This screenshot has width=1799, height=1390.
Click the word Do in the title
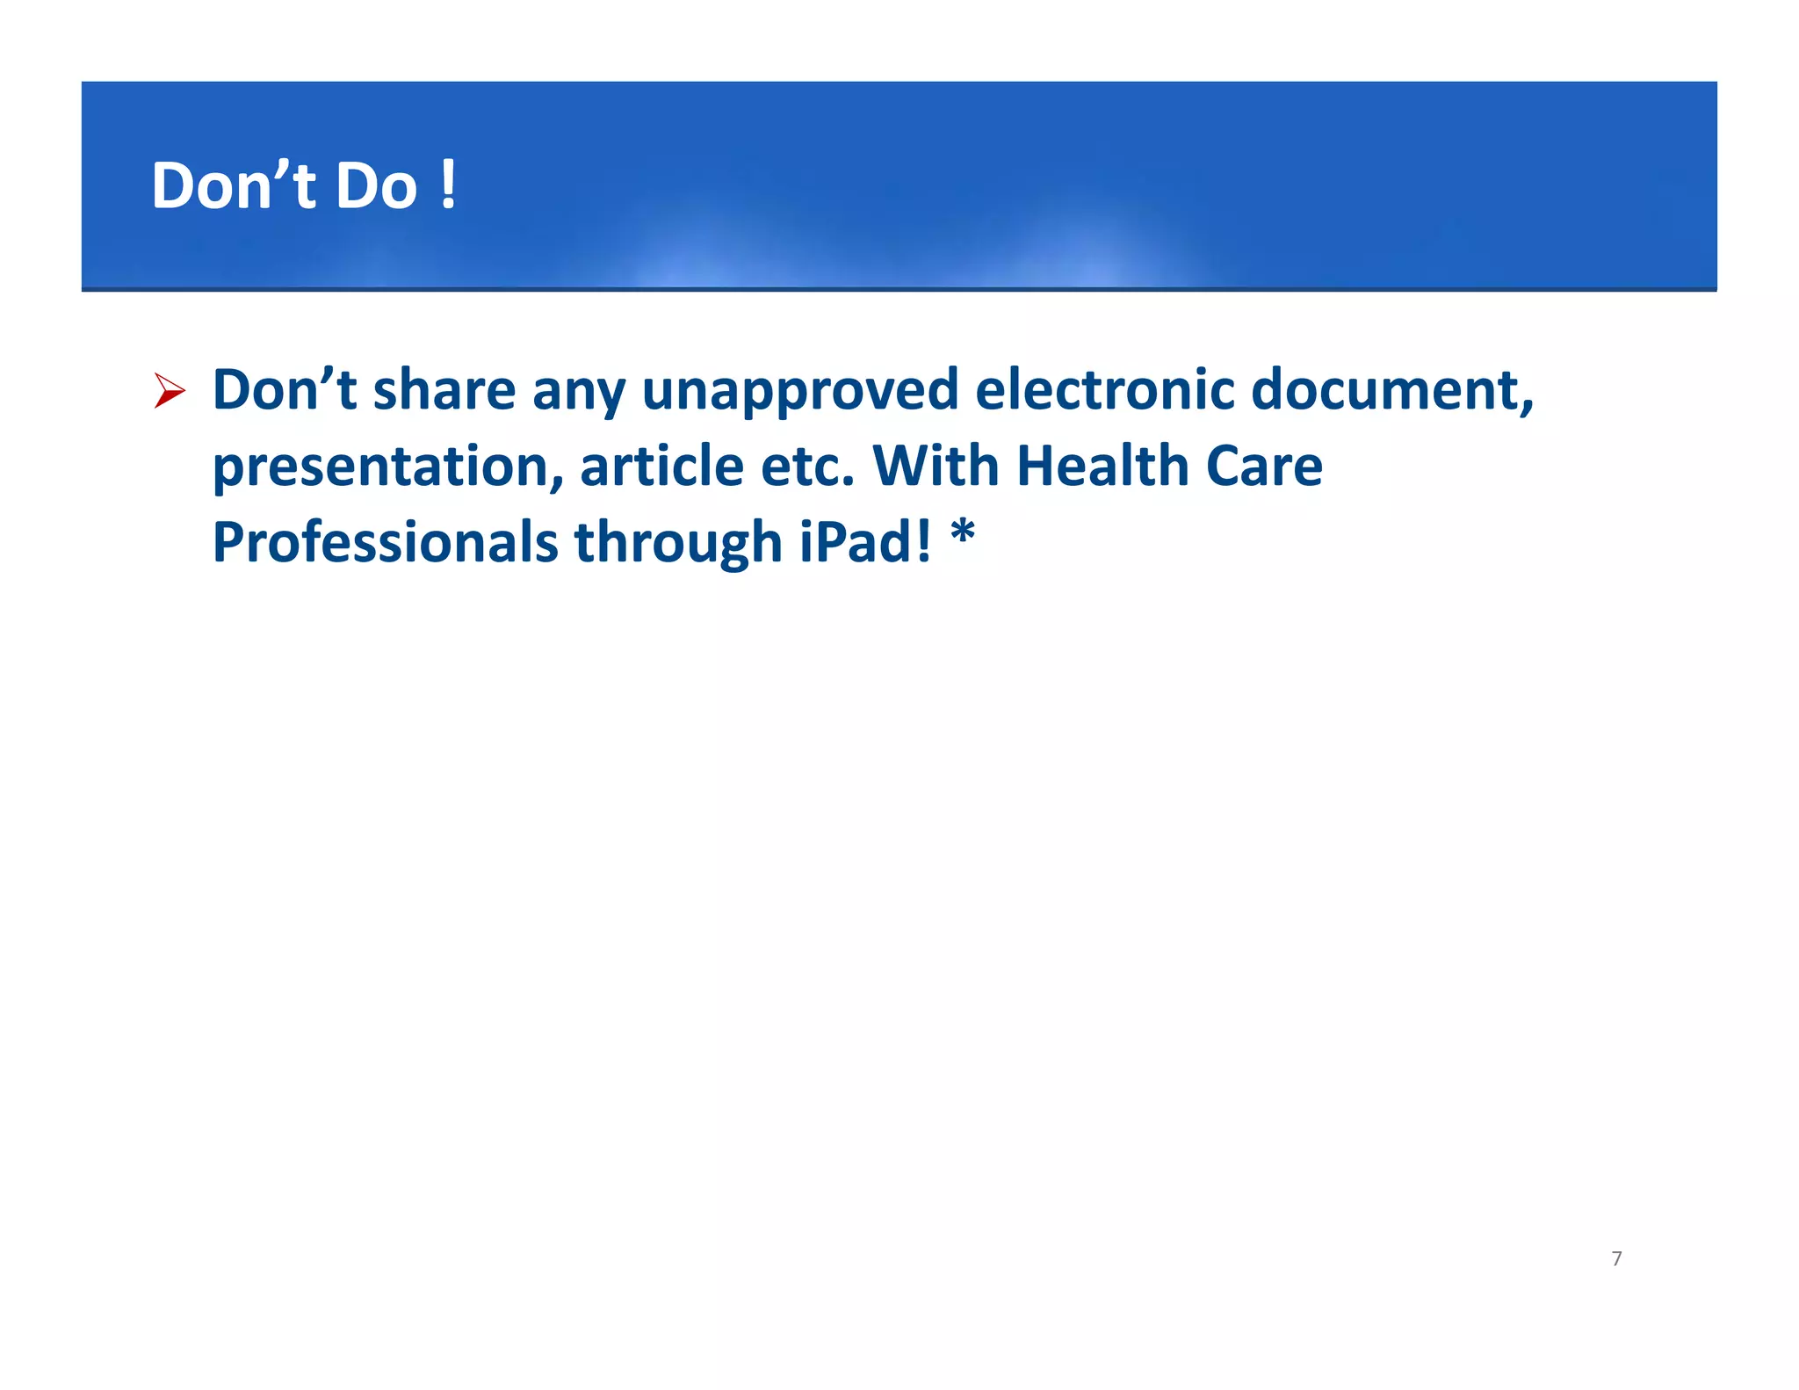click(x=376, y=186)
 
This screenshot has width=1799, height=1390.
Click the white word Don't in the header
click(x=233, y=186)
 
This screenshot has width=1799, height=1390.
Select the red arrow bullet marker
click(x=169, y=390)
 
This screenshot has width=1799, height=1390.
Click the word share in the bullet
click(x=444, y=390)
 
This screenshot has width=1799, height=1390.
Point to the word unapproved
click(x=799, y=392)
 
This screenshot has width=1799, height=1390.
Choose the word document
click(x=1391, y=390)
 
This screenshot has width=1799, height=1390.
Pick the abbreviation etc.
click(x=806, y=467)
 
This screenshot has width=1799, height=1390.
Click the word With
click(x=936, y=466)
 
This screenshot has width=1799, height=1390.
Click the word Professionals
click(x=385, y=542)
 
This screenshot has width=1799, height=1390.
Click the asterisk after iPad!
click(x=963, y=532)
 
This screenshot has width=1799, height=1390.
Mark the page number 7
click(x=1616, y=1259)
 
